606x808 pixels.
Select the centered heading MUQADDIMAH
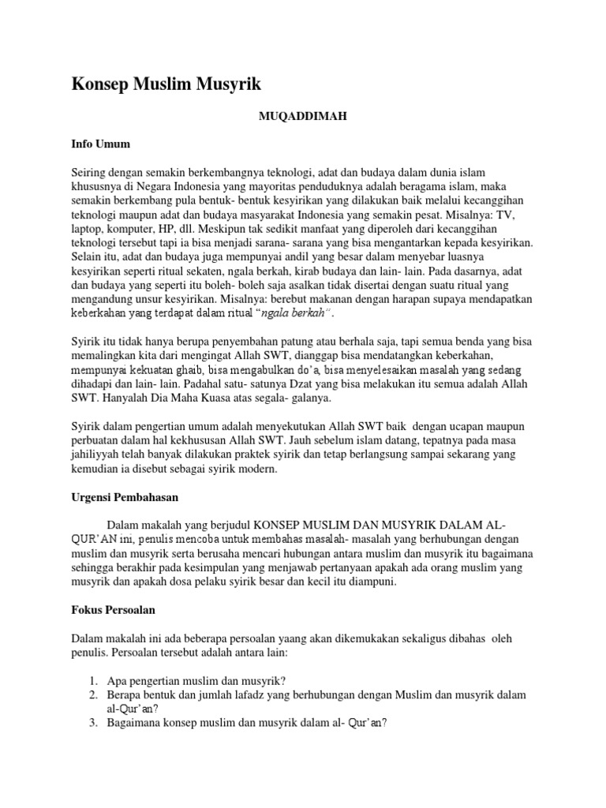(x=304, y=116)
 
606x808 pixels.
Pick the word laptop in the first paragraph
(x=85, y=230)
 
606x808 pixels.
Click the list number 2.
(x=92, y=695)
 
